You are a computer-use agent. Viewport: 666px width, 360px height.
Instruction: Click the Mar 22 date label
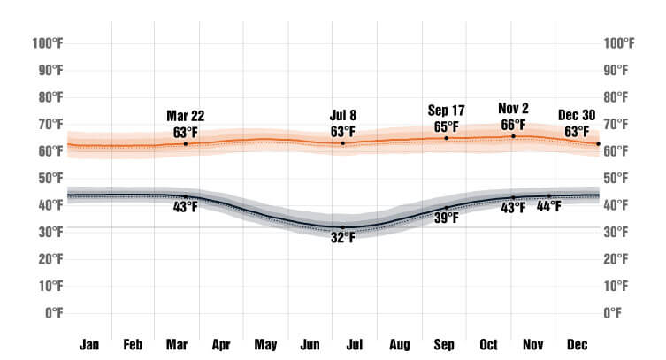(x=185, y=116)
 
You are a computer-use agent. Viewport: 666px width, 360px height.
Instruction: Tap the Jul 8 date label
(x=342, y=116)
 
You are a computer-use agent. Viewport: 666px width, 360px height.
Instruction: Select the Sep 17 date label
(x=446, y=110)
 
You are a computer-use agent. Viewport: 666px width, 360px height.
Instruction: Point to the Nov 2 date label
(x=513, y=109)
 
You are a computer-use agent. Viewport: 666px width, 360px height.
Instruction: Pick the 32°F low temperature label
(x=343, y=237)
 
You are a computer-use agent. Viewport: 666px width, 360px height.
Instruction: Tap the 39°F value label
(x=446, y=218)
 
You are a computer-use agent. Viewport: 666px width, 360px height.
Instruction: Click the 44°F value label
(x=550, y=209)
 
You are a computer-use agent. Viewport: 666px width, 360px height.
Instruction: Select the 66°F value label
(x=513, y=125)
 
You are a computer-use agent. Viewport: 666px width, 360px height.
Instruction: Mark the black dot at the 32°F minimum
(x=343, y=227)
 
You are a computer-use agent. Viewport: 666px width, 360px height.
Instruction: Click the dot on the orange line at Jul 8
(x=343, y=143)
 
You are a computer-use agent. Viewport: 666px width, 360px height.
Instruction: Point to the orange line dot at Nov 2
(x=513, y=135)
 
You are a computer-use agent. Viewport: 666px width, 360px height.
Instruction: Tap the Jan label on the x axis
(x=89, y=344)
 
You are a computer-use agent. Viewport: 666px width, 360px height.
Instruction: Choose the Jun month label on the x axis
(x=310, y=344)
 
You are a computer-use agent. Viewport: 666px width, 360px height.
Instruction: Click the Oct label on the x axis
(x=488, y=344)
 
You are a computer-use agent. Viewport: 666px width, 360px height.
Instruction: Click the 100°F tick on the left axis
(x=47, y=42)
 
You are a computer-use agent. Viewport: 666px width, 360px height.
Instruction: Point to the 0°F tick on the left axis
(x=53, y=313)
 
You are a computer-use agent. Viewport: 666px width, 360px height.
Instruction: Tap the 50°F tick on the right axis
(x=617, y=178)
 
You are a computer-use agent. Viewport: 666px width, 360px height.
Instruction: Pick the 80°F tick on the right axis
(x=617, y=96)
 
